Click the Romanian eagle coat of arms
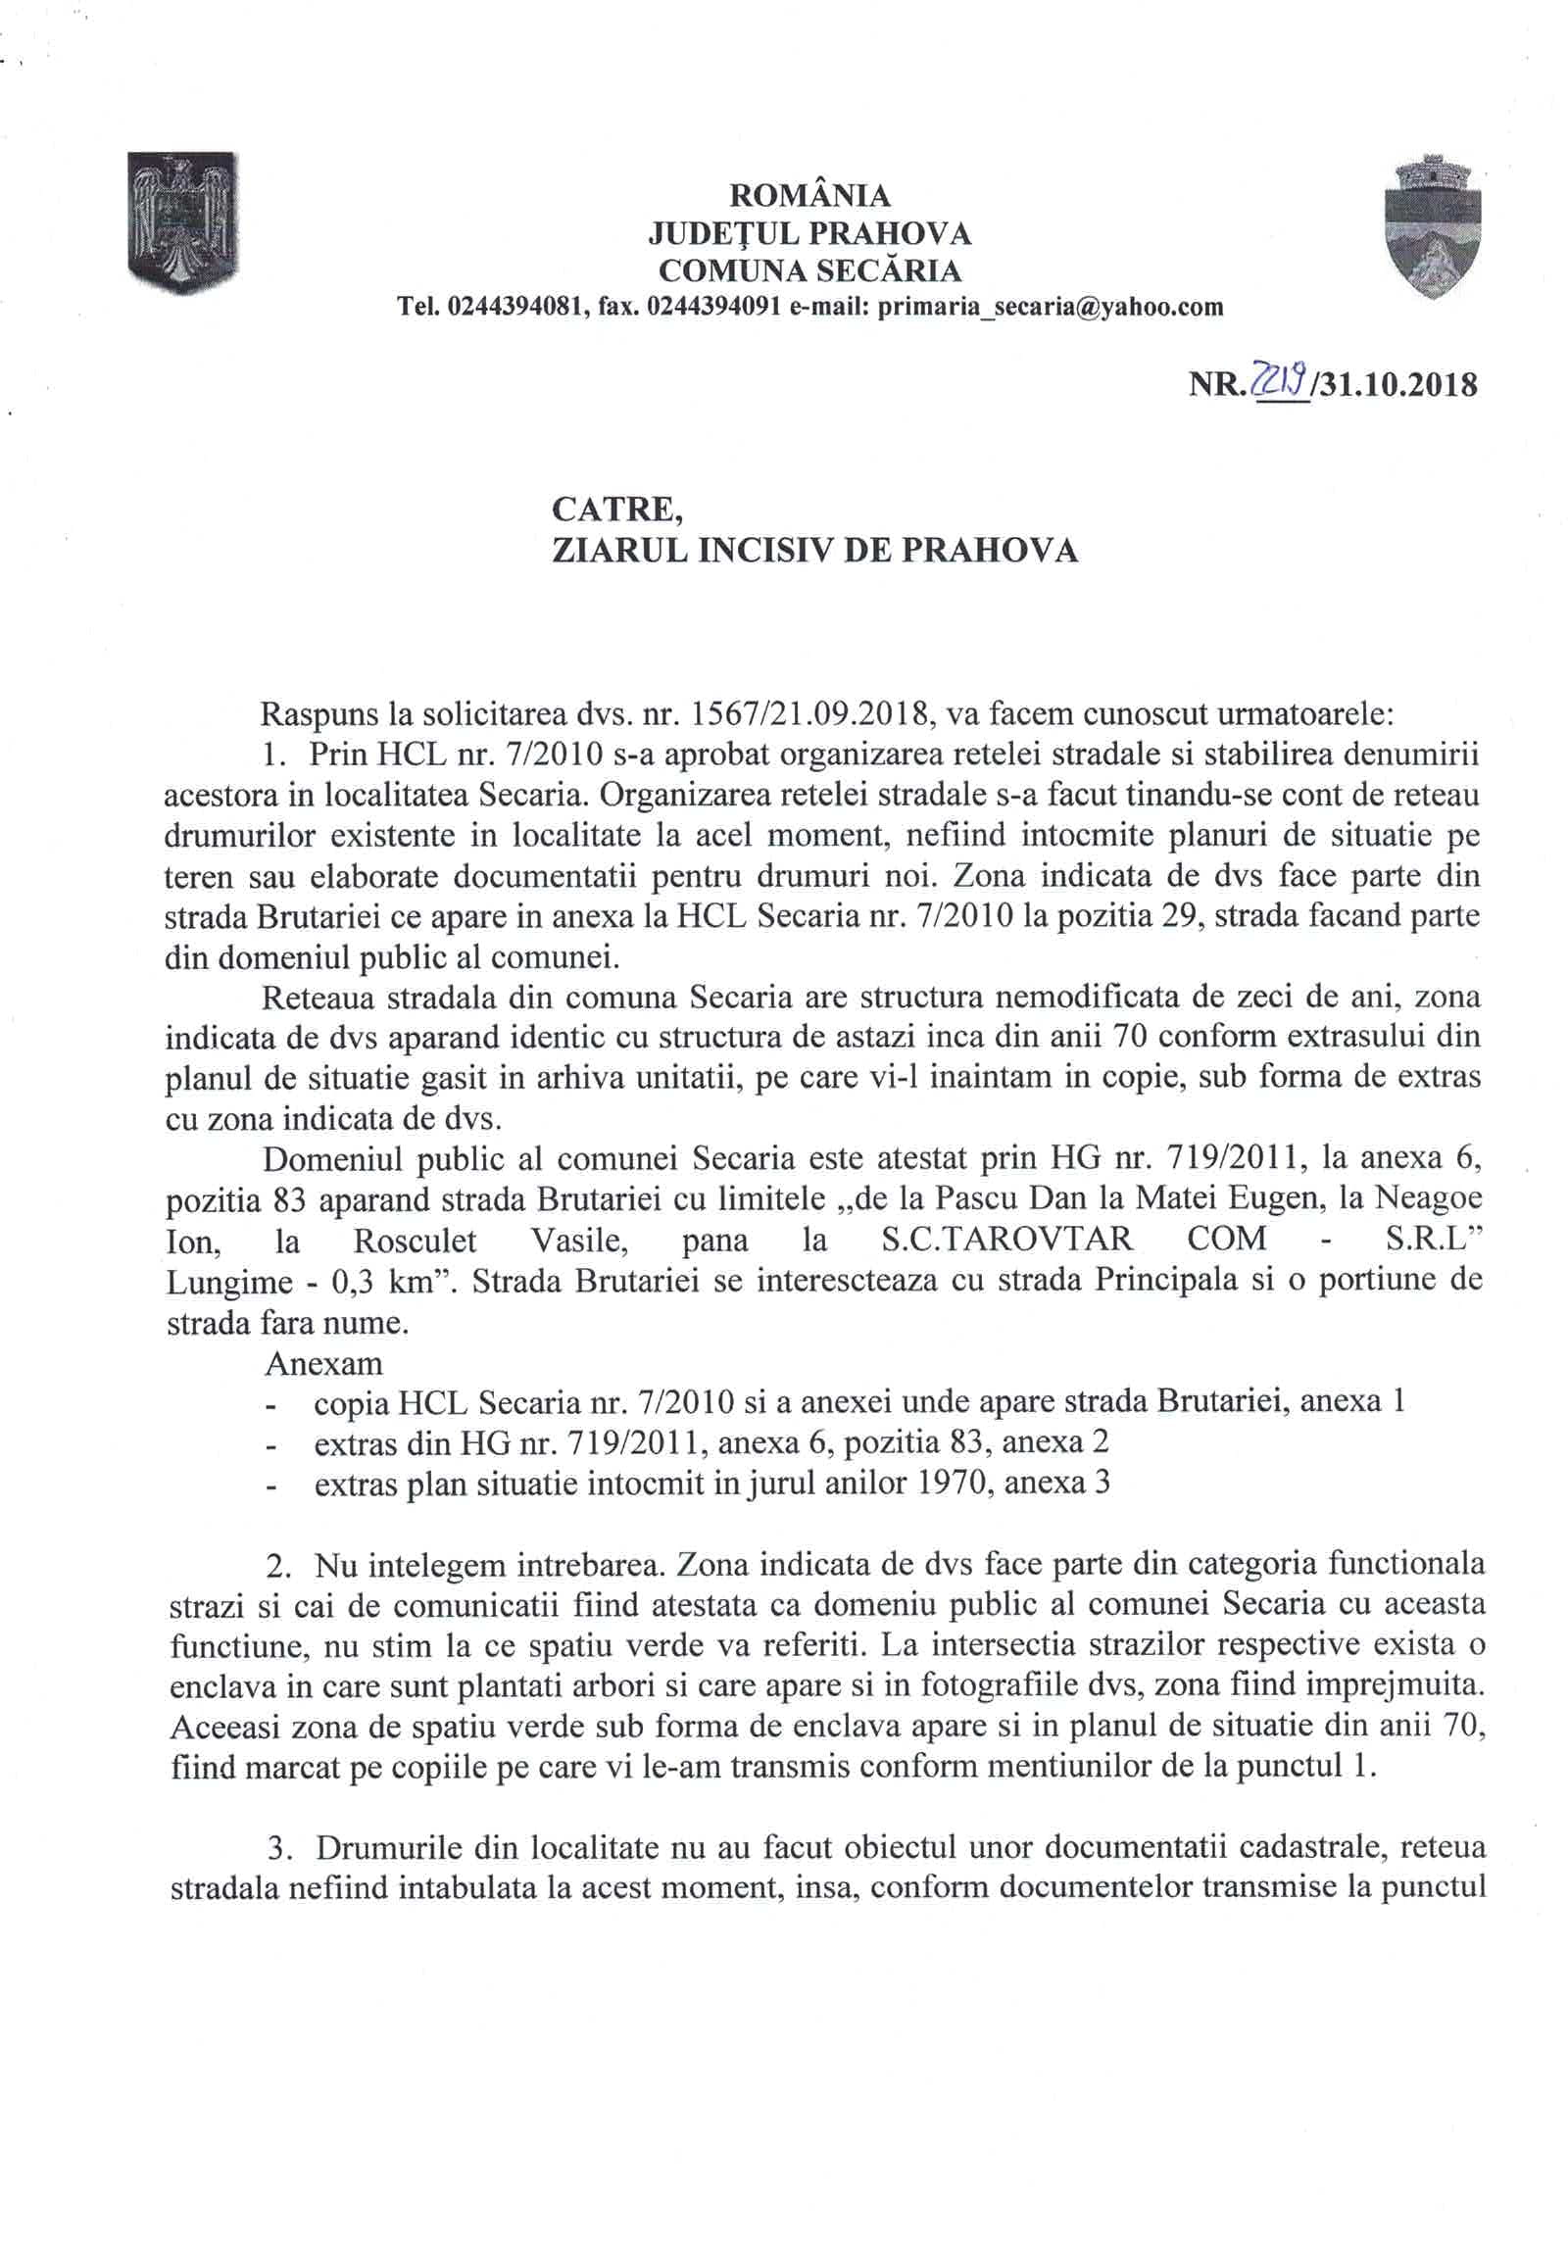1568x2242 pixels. tap(183, 222)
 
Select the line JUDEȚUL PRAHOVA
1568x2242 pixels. tap(809, 233)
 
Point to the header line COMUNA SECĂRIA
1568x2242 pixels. tap(809, 269)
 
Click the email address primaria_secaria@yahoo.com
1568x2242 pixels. tap(1051, 307)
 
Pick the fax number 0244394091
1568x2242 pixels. tap(715, 307)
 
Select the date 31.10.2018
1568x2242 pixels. tap(1399, 383)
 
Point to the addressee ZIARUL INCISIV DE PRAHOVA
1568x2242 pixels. tap(815, 551)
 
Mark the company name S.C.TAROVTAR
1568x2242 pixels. tap(1001, 1239)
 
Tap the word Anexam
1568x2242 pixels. tap(323, 1363)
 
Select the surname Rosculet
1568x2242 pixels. tap(415, 1240)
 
